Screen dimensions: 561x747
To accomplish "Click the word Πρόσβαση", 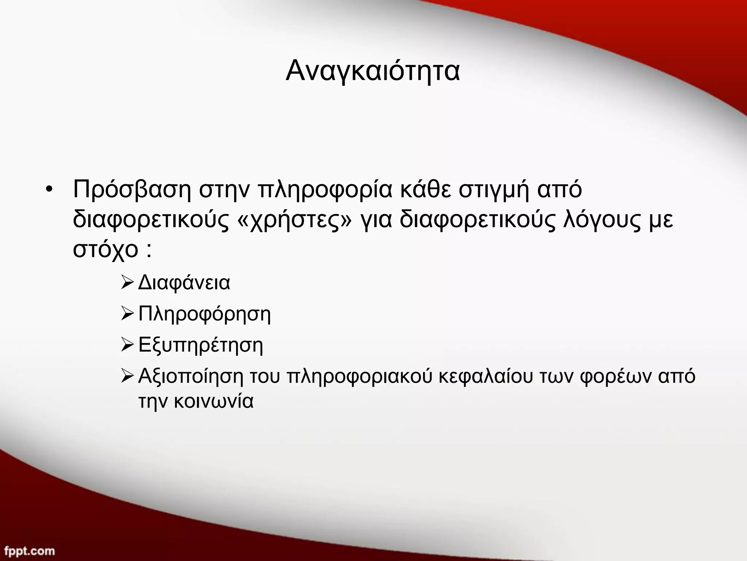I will click(132, 190).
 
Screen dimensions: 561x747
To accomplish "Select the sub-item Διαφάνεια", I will click(184, 283).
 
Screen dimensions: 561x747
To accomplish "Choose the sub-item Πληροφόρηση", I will click(205, 314).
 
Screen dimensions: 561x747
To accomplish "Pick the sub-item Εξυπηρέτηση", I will click(201, 345).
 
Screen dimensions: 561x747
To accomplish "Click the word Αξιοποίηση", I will click(190, 376).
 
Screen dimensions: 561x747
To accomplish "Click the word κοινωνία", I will click(213, 401).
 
